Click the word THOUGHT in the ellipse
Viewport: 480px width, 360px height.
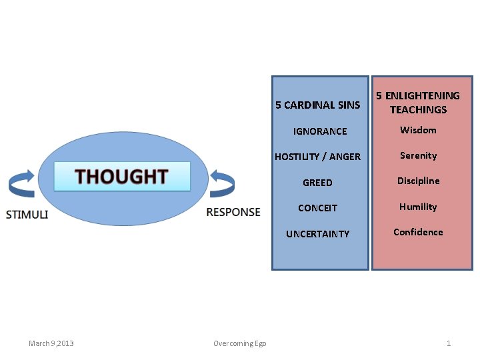point(121,177)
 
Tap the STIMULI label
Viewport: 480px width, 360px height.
point(27,214)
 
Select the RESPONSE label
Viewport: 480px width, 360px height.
point(233,212)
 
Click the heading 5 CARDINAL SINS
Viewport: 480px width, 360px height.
point(317,105)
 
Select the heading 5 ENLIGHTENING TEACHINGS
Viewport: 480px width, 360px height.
point(418,103)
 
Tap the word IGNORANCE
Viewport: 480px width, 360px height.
point(320,131)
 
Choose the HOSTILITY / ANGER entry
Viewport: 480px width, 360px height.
point(317,157)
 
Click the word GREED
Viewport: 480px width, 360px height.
point(317,183)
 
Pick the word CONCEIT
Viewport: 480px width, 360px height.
point(317,208)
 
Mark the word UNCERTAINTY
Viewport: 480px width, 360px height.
point(317,234)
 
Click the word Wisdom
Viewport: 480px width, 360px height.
point(418,130)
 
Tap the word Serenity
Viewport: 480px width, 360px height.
point(418,155)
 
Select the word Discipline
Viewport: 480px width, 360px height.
point(418,181)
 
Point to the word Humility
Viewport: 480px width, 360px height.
point(418,207)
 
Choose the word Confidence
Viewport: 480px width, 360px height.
point(418,232)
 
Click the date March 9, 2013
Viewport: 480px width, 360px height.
point(51,343)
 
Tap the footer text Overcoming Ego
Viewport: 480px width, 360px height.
point(239,343)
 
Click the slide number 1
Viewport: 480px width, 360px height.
point(449,343)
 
